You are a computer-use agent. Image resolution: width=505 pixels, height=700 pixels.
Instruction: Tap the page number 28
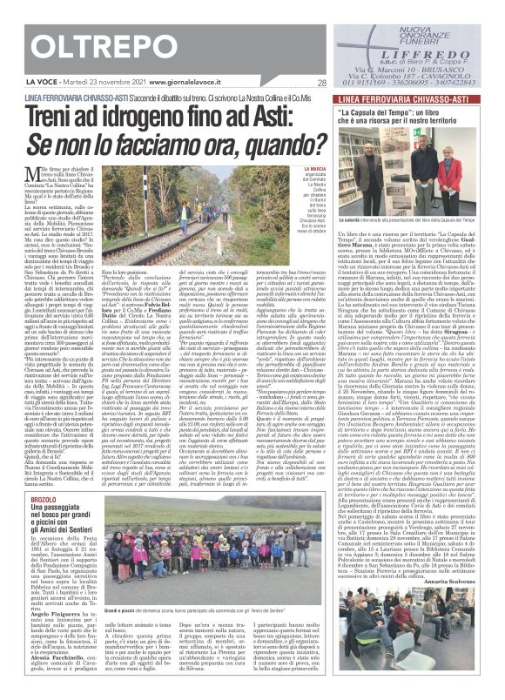pos(321,84)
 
